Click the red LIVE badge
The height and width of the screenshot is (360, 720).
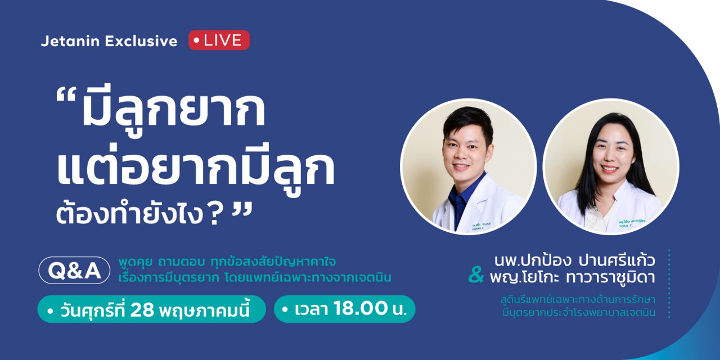(219, 40)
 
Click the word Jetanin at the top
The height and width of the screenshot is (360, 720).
(70, 41)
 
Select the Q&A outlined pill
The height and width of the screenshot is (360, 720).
(74, 271)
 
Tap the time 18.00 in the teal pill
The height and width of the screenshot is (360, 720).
(361, 308)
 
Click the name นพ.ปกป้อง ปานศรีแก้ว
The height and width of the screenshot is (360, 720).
(575, 260)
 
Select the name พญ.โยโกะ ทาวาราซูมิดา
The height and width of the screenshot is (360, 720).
(573, 278)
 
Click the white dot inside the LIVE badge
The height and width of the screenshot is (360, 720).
(197, 40)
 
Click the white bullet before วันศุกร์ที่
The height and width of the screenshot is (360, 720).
(50, 311)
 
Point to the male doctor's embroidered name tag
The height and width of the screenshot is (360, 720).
(481, 226)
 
